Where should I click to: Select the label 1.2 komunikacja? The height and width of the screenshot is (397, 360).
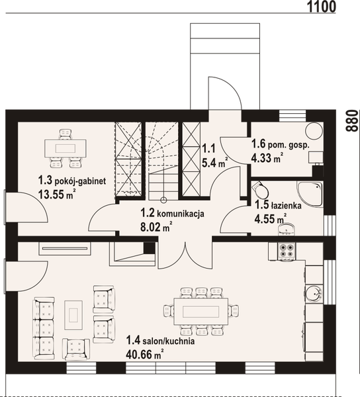coord(171,214)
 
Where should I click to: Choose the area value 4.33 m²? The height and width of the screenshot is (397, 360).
coord(267,157)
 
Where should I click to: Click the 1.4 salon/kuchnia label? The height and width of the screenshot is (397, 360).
coord(159,342)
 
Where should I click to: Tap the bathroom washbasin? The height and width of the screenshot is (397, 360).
coord(287,228)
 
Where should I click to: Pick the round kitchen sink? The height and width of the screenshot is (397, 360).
coord(312,291)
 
